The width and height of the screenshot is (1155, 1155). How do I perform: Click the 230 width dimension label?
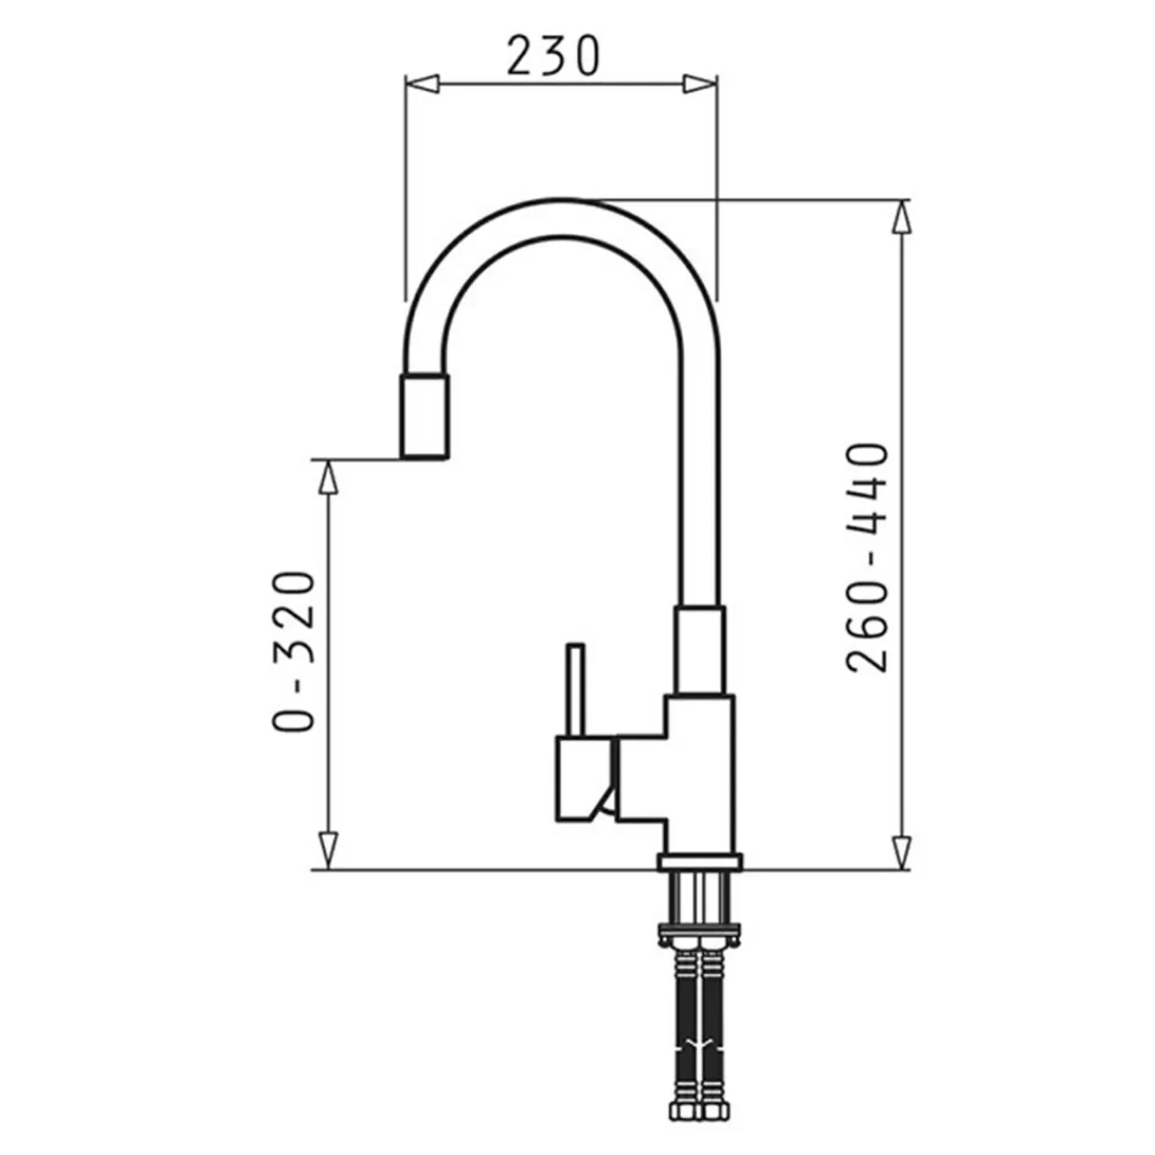point(552,56)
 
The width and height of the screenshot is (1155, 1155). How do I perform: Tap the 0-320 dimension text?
point(293,652)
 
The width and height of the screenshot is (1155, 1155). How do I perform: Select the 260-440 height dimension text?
point(866,558)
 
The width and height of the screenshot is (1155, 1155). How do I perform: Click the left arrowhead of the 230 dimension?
point(422,84)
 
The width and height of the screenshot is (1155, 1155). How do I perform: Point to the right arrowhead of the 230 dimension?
point(700,84)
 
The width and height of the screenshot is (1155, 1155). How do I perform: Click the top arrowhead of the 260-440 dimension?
point(901,216)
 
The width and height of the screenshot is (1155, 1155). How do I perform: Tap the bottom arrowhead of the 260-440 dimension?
point(901,853)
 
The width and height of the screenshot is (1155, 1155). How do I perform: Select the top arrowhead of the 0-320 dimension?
point(328,476)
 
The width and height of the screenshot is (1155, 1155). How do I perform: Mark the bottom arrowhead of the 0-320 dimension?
point(328,852)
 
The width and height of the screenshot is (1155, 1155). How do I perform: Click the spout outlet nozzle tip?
point(424,417)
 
